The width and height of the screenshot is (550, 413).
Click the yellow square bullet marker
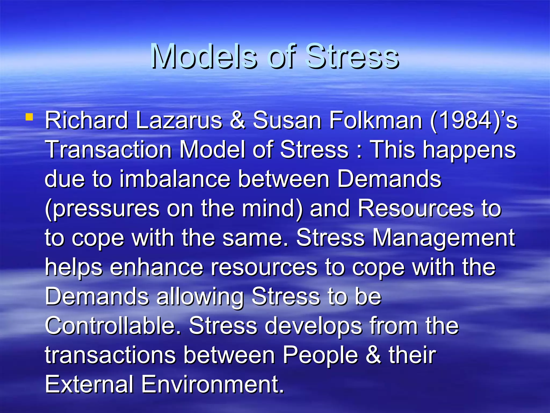[x=29, y=117]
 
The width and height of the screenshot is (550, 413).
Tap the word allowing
[x=200, y=297]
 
